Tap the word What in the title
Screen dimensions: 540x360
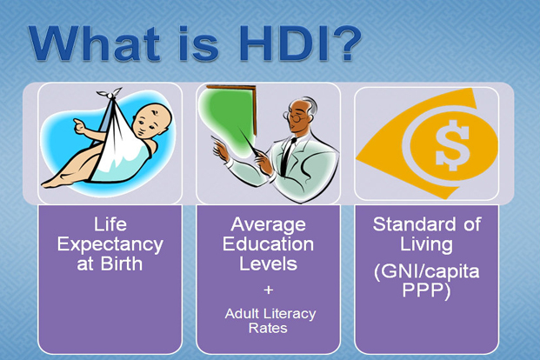[95, 44]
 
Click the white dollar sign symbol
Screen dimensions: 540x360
[452, 145]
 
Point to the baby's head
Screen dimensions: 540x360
[152, 121]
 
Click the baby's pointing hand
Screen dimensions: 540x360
[80, 126]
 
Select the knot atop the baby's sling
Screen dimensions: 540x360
[110, 93]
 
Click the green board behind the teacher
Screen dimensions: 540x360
[230, 114]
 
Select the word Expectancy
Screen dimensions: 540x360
[110, 245]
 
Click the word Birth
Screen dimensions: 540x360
[122, 263]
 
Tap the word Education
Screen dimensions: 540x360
[268, 243]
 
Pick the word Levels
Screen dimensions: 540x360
[268, 263]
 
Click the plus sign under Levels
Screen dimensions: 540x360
[269, 290]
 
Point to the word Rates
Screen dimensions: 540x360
[268, 328]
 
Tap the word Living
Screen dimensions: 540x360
[426, 245]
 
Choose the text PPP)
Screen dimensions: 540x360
[426, 290]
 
